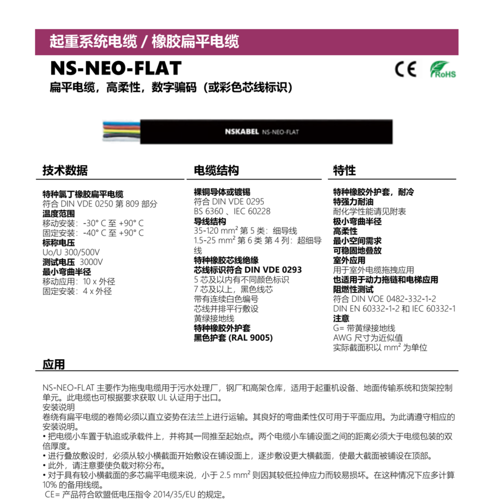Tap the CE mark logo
click(405, 69)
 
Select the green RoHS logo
click(442, 70)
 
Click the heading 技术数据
click(65, 170)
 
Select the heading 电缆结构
click(216, 170)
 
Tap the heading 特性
click(344, 170)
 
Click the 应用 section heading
click(54, 364)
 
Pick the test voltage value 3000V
click(91, 262)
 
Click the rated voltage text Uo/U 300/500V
click(71, 253)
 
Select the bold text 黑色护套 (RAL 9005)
click(233, 338)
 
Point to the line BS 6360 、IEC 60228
click(232, 211)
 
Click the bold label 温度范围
click(58, 214)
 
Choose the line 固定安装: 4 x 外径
click(77, 291)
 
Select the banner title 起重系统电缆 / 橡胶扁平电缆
click(144, 41)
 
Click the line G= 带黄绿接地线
click(364, 328)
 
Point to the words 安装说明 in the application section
click(58, 408)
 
